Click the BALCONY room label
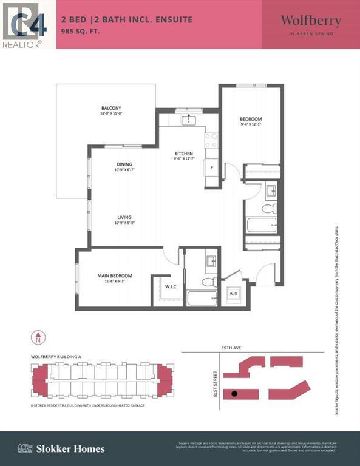click(x=111, y=109)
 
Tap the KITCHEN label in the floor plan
click(x=184, y=154)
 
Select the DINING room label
click(x=124, y=164)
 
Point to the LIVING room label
click(x=124, y=217)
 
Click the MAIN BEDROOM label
click(x=115, y=276)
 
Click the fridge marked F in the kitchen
click(x=212, y=167)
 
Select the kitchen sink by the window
click(x=189, y=120)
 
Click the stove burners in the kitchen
click(x=212, y=141)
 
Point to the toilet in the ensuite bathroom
click(x=209, y=282)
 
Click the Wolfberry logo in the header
click(x=310, y=21)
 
